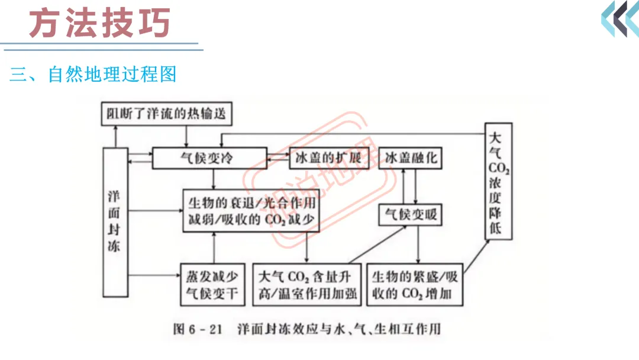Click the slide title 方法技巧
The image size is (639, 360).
pos(99,23)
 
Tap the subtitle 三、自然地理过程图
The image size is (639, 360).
pos(93,74)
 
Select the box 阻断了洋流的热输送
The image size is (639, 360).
pos(167,114)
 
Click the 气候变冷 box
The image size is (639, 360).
pos(209,158)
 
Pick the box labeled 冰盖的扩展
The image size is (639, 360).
pos(329,158)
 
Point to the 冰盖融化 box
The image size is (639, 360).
pos(411,158)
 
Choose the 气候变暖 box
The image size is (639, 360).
pos(411,215)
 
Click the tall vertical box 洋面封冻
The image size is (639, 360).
pos(115,222)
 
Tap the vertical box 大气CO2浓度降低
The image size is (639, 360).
pos(498,181)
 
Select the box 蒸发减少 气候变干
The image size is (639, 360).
pos(213,285)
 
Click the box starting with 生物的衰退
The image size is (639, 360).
pos(251,211)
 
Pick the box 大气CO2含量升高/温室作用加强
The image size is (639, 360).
pos(307,285)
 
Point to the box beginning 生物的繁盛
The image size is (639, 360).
pos(415,285)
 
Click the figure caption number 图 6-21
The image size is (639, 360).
pos(197,329)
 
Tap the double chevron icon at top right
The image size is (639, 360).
pos(620,19)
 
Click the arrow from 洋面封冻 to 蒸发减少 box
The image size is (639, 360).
pos(154,275)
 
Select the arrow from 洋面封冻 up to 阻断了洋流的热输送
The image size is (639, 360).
pos(116,137)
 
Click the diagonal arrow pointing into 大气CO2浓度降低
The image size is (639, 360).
pos(476,256)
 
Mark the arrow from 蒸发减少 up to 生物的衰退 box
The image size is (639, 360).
pos(214,248)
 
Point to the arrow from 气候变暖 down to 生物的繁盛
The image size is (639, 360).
pos(418,245)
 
